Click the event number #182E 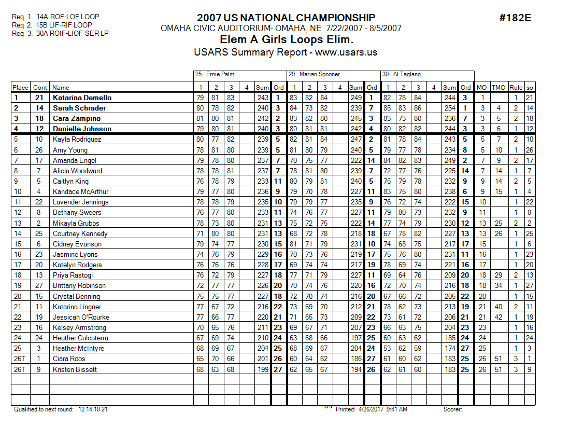click(x=515, y=18)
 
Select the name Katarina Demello click(x=82, y=98)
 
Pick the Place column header click(x=20, y=88)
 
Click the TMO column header click(x=498, y=88)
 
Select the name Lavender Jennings click(x=80, y=202)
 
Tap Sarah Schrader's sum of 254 click(x=450, y=108)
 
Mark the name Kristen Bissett click(x=75, y=369)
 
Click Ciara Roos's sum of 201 click(x=263, y=359)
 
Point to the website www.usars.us click(x=346, y=52)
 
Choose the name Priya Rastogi click(x=73, y=275)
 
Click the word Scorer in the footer click(x=452, y=409)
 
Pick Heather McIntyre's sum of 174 click(x=450, y=348)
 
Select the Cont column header click(x=39, y=88)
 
